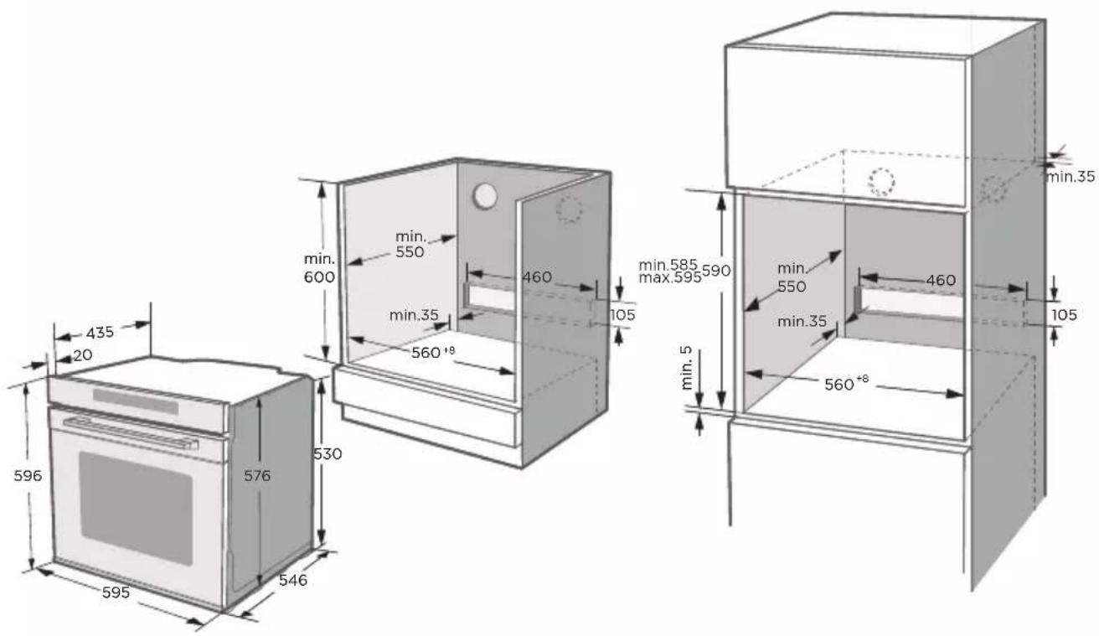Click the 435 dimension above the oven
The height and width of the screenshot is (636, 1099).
point(100,333)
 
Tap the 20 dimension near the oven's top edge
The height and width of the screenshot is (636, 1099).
point(83,354)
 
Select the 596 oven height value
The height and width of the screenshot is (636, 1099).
point(28,475)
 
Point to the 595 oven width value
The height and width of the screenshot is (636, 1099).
point(116,592)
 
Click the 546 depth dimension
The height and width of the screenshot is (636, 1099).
point(293,580)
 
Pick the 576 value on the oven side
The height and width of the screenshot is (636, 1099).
point(257,475)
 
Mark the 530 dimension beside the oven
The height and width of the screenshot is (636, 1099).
point(328,454)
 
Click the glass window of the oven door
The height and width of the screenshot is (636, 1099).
point(136,508)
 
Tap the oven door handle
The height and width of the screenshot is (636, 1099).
point(131,433)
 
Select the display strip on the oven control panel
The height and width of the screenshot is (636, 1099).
point(136,401)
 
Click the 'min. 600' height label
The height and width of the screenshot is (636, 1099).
point(319,268)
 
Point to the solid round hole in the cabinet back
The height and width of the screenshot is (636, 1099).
point(485,196)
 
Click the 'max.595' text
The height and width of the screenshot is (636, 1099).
point(670,277)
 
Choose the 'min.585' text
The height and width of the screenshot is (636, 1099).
point(668,265)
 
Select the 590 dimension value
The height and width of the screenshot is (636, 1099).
point(716,271)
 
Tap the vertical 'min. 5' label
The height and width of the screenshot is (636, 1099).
point(687,368)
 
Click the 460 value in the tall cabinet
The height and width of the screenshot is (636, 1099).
point(941,280)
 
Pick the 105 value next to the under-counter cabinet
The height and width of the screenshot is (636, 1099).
point(622,314)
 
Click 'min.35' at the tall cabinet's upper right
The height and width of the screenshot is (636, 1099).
point(1071,177)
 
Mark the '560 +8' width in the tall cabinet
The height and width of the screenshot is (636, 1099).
point(846,383)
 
